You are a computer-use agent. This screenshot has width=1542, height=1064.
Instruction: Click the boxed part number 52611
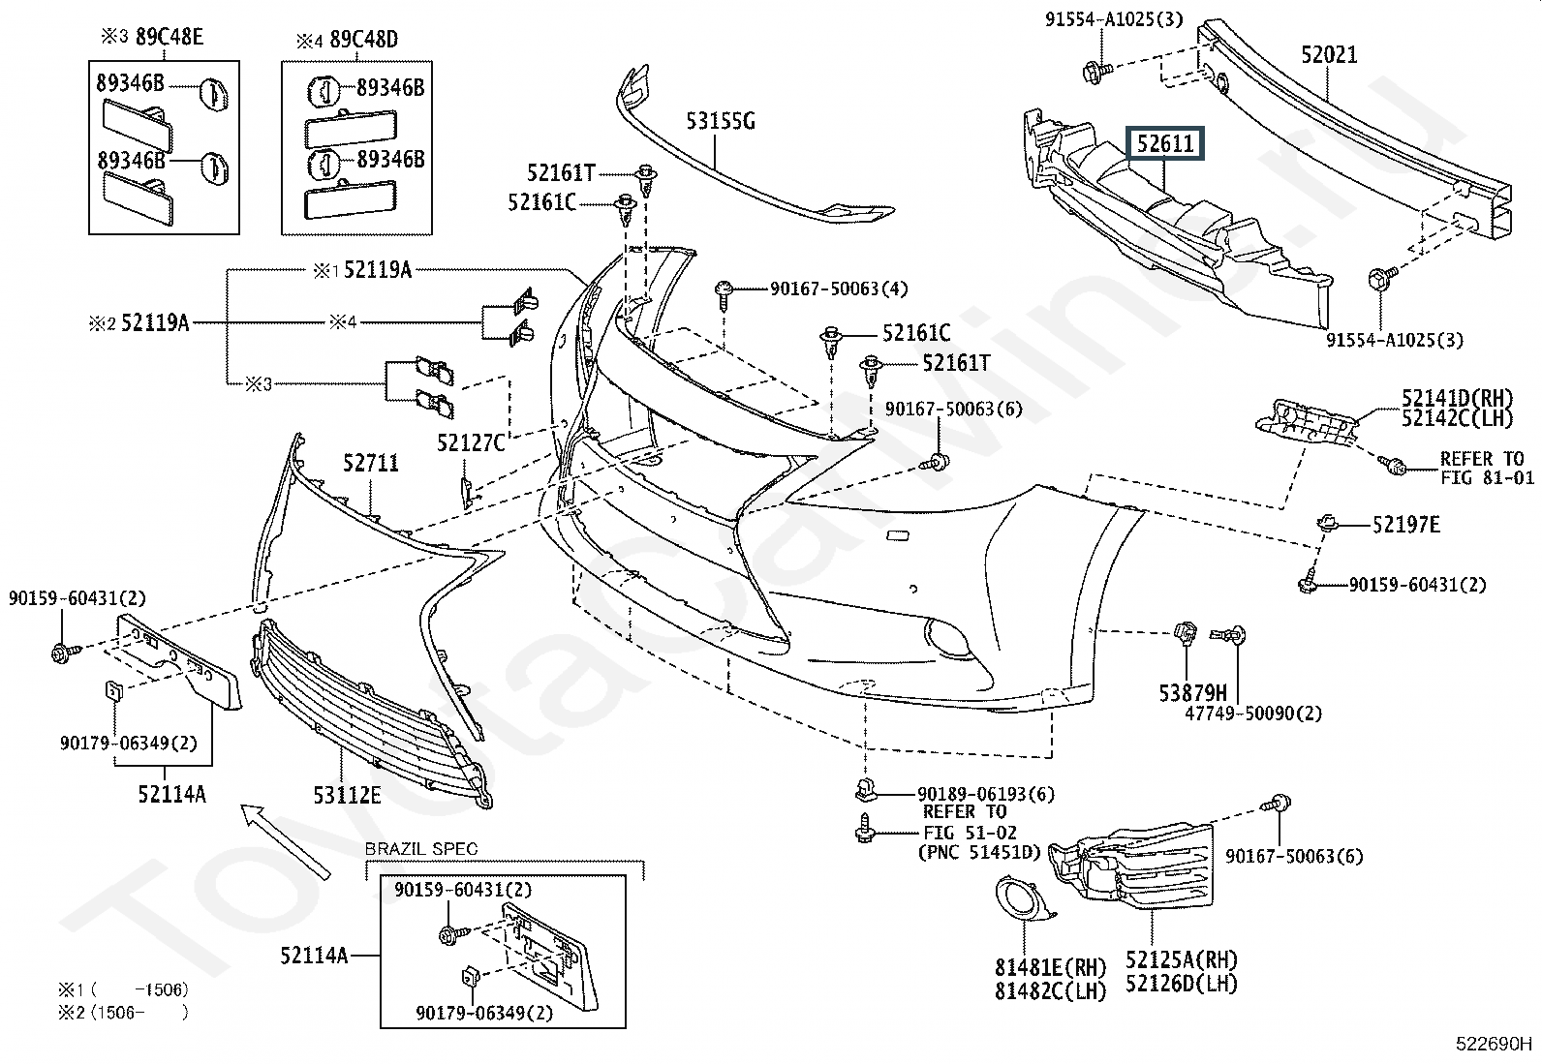point(1165,143)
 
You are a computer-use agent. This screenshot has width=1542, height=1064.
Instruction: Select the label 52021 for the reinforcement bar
point(1329,54)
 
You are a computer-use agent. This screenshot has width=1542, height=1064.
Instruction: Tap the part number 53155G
point(720,121)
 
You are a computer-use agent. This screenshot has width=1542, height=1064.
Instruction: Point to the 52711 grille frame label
point(371,463)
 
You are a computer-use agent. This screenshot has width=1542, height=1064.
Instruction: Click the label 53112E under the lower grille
point(347,795)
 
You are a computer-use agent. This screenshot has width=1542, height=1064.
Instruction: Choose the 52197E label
point(1405,525)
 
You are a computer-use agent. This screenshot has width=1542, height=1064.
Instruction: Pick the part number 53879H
point(1193,692)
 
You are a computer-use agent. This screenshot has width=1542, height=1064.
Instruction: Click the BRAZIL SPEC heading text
point(420,848)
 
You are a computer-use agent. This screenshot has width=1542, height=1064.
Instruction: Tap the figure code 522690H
point(1494,1044)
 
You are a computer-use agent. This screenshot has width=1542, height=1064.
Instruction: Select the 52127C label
point(471,442)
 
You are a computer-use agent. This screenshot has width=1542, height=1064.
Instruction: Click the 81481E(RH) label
point(1050,967)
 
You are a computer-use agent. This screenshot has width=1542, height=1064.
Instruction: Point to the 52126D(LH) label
point(1182,984)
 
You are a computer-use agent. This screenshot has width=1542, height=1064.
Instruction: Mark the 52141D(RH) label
point(1458,398)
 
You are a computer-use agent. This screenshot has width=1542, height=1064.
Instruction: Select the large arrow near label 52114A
point(285,841)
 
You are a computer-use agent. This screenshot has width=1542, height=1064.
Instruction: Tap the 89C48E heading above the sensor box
point(170,37)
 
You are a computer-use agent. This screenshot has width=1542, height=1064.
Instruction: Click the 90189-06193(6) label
point(986,794)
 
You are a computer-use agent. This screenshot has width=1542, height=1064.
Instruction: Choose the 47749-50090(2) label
point(1253,713)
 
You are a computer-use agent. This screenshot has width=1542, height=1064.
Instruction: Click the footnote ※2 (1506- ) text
point(123,1012)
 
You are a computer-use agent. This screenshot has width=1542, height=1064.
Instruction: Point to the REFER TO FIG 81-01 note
point(1487,468)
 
